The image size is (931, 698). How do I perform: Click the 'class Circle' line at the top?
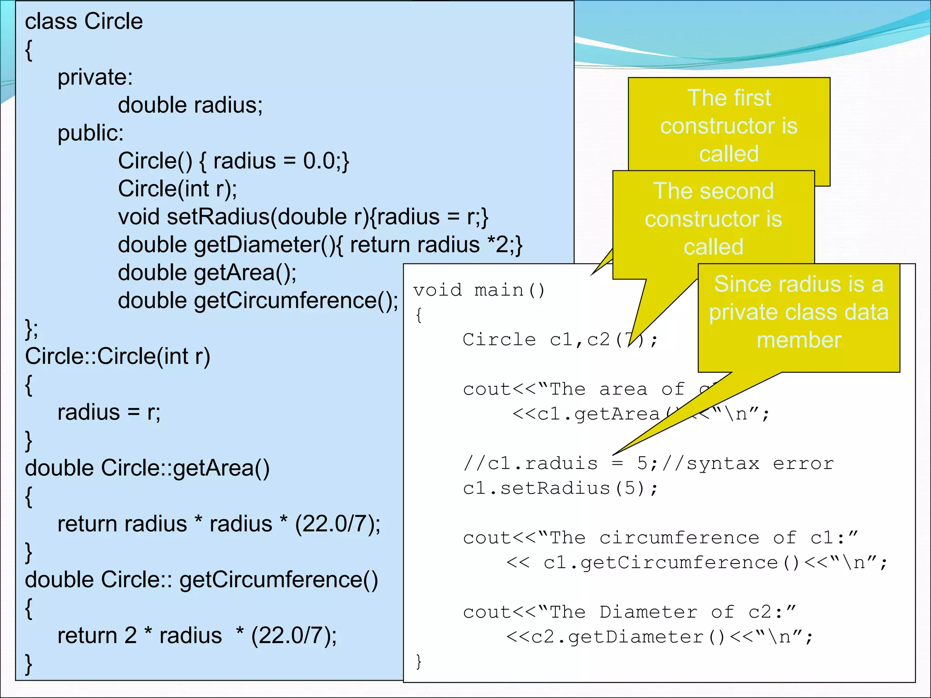point(84,22)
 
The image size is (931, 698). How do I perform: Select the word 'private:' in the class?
point(95,77)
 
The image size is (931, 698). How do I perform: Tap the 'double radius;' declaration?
point(190,105)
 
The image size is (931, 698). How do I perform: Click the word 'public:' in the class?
point(90,133)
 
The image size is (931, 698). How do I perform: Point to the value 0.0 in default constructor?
point(319,161)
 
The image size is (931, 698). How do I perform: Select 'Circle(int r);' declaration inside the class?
point(177,189)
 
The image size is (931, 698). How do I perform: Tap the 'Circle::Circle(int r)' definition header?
point(117,357)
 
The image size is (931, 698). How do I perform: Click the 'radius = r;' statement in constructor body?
point(109,413)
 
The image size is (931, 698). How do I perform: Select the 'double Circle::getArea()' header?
point(147,469)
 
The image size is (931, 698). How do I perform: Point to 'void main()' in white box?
point(479,290)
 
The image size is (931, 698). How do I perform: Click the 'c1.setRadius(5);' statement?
point(560,489)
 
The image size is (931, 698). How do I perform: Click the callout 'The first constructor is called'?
point(729,126)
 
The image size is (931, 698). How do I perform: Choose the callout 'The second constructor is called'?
point(713,219)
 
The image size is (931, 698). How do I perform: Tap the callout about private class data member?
point(799,312)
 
